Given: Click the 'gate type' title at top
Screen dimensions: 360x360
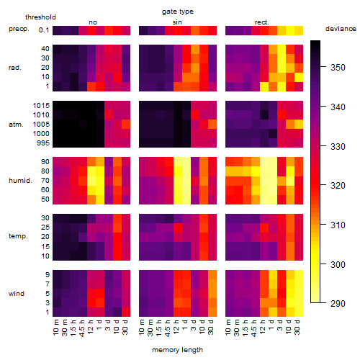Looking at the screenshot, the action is coord(178,12).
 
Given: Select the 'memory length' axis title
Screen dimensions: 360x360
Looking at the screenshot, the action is coord(177,350).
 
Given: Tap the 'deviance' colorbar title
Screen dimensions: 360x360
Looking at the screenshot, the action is coord(341,29).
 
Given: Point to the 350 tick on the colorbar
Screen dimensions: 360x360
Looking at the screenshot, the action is coord(323,67).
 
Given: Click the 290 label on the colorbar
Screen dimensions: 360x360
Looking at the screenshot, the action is coord(338,304).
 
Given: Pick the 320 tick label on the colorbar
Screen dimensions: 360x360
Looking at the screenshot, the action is coord(338,186).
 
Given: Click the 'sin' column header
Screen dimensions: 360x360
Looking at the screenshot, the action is coord(177,22).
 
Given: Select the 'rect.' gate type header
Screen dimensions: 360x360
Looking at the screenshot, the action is coord(261,22).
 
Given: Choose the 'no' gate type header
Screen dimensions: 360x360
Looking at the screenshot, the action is coord(93,22).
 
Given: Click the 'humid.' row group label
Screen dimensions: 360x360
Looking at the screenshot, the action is coord(20,181).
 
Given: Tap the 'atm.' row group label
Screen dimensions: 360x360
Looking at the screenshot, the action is coord(16,125).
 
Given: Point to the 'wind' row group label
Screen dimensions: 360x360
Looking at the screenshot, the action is coord(17,294).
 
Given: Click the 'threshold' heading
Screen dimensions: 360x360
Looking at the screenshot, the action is coord(40,17).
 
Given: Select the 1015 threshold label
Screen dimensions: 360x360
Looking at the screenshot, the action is coord(41,106).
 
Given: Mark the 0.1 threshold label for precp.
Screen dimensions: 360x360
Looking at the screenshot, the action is coord(44,30).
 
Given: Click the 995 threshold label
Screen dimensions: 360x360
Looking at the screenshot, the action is coord(43,143).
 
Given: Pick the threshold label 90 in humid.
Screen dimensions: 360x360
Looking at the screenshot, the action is coord(45,162).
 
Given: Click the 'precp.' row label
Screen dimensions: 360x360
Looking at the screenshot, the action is coord(19,30).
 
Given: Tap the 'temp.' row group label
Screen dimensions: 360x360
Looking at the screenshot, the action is coord(18,236).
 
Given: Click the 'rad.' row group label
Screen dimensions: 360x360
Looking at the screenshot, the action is coord(15,68).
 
